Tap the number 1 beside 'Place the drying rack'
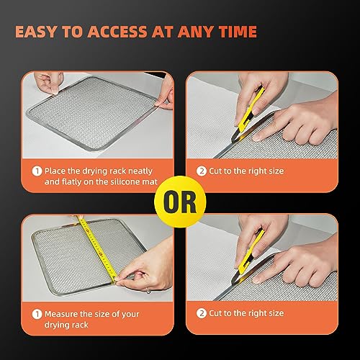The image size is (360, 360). click(x=36, y=171)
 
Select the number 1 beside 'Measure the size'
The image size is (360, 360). click(x=36, y=315)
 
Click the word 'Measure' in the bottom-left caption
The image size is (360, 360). click(x=62, y=314)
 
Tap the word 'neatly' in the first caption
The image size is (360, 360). click(x=143, y=171)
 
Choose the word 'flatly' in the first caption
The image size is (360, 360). click(x=73, y=183)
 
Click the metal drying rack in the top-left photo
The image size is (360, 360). click(x=94, y=115)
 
